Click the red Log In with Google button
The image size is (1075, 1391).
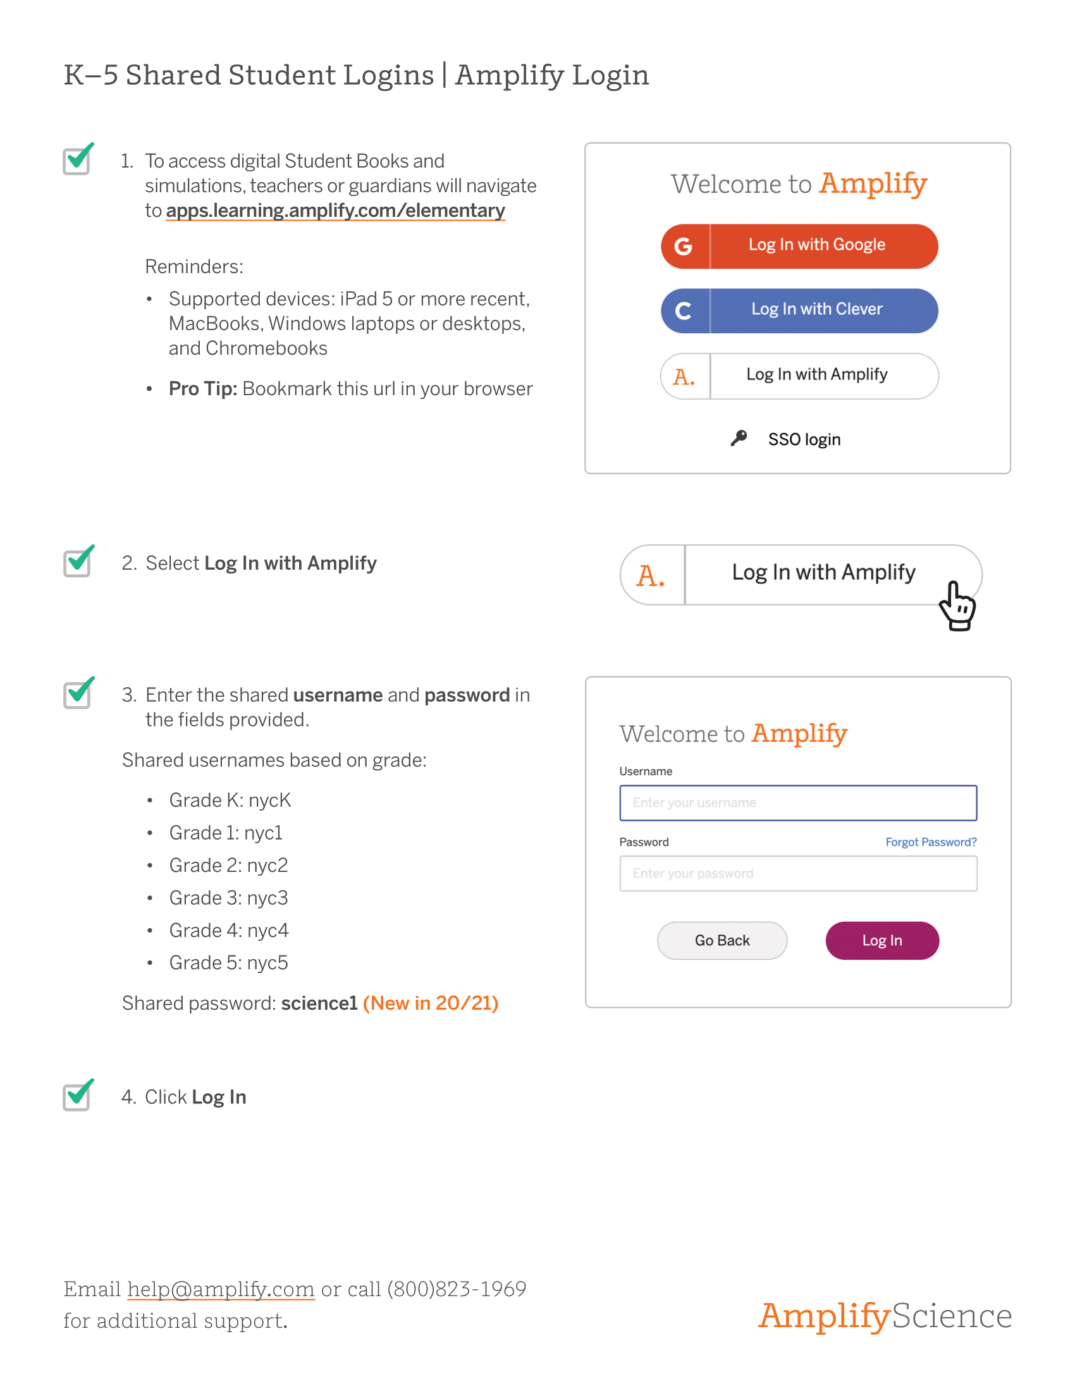pos(799,246)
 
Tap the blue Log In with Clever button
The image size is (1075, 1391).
pos(799,310)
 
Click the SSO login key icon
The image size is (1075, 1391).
pos(739,438)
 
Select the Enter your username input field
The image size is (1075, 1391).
pos(797,802)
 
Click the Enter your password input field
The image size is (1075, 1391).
pos(797,873)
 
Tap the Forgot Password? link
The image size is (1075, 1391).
pos(930,842)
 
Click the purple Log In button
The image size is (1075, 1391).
pos(881,940)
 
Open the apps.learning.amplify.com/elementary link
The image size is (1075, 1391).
pos(335,211)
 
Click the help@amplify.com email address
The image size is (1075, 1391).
pos(220,1289)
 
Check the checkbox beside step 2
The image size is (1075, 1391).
pos(77,562)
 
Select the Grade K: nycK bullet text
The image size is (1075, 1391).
pos(230,800)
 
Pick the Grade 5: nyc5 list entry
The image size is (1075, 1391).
pos(228,962)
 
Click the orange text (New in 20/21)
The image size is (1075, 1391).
pos(431,1003)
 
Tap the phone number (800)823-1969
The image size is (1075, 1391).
pos(457,1289)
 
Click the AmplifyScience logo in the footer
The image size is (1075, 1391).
pos(884,1315)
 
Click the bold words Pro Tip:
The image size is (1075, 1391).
pos(202,388)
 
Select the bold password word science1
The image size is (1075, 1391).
pos(319,1003)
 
